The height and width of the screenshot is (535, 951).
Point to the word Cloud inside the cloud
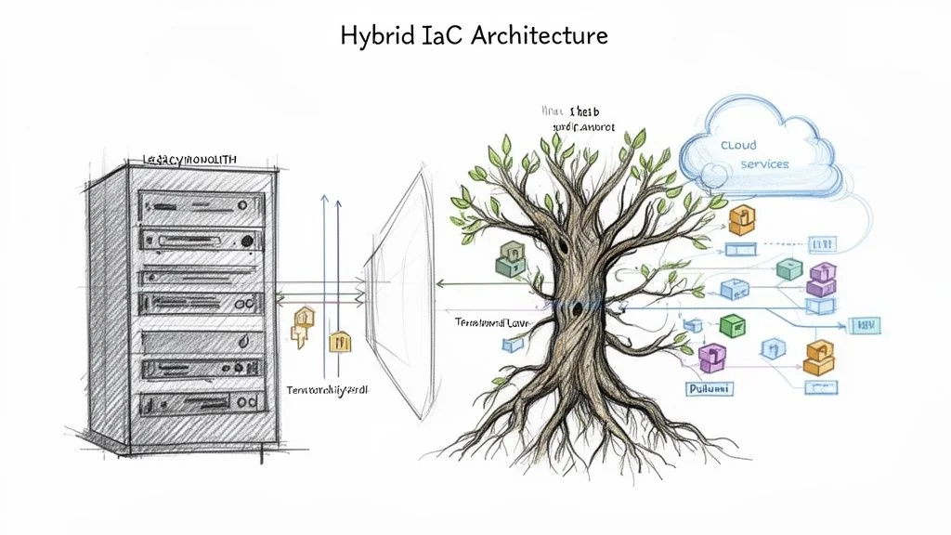click(x=738, y=146)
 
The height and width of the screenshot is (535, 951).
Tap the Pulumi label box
click(x=710, y=389)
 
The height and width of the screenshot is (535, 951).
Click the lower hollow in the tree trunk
click(x=578, y=308)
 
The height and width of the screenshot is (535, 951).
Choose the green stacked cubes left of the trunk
click(x=512, y=261)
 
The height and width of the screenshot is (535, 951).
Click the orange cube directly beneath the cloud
click(x=740, y=219)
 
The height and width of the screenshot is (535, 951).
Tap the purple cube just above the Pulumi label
click(x=710, y=356)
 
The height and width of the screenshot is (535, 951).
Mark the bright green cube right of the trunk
click(x=733, y=325)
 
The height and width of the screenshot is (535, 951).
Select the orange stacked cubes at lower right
click(x=818, y=358)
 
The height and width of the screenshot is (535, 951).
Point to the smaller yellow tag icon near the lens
click(x=340, y=340)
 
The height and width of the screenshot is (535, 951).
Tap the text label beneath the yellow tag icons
click(x=327, y=391)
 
